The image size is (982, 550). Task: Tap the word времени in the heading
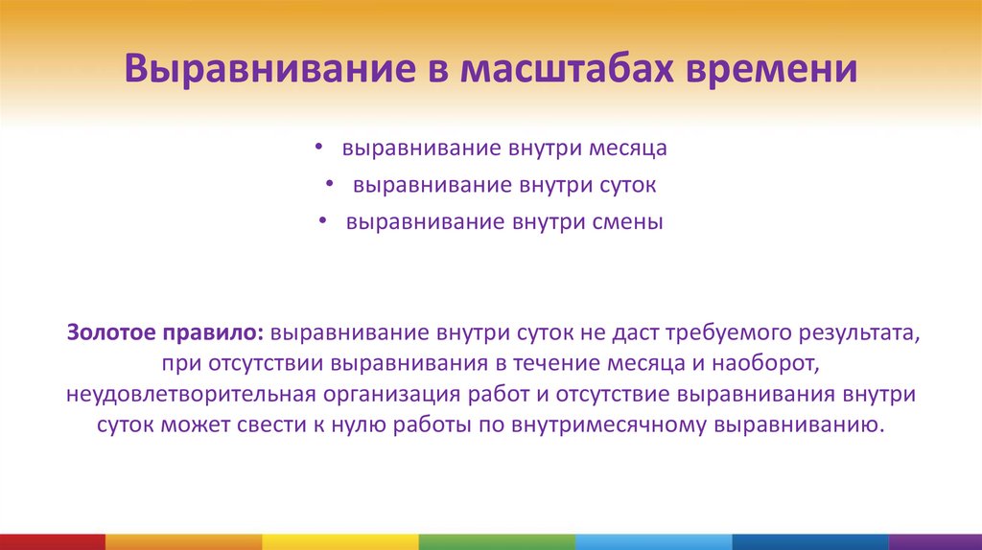pos(770,71)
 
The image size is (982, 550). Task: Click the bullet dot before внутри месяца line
pos(319,149)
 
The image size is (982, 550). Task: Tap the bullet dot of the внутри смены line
pos(324,222)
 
